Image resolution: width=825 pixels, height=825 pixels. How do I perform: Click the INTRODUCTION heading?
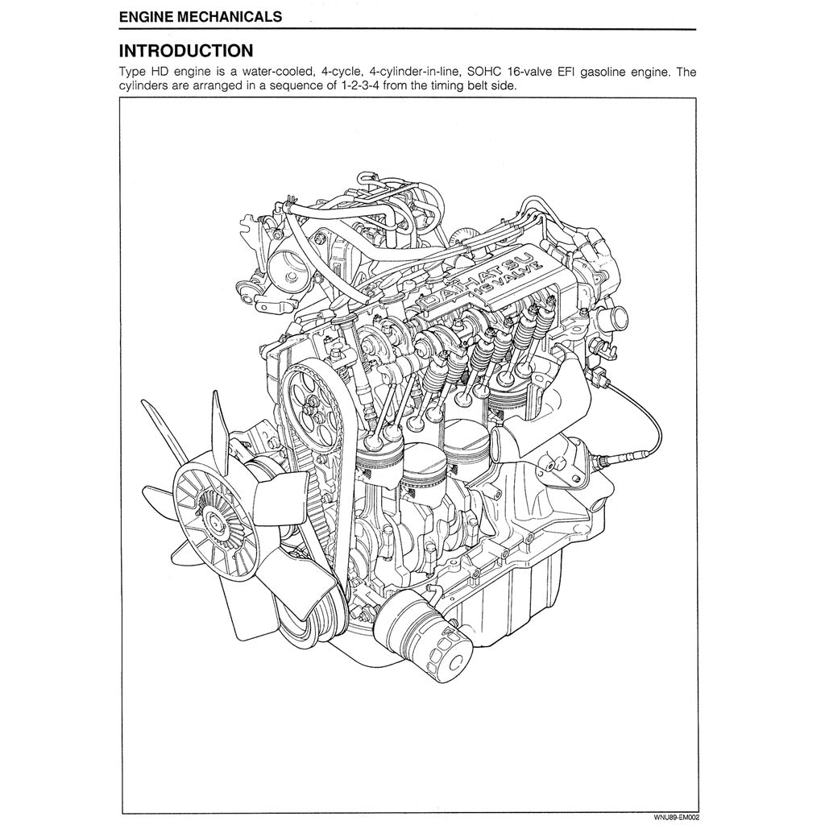[x=185, y=51]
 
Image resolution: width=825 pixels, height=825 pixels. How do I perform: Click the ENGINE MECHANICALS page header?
[x=200, y=16]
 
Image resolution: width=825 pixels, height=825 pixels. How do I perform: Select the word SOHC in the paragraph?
[x=484, y=72]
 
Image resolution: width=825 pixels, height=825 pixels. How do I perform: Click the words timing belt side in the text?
[x=467, y=85]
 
